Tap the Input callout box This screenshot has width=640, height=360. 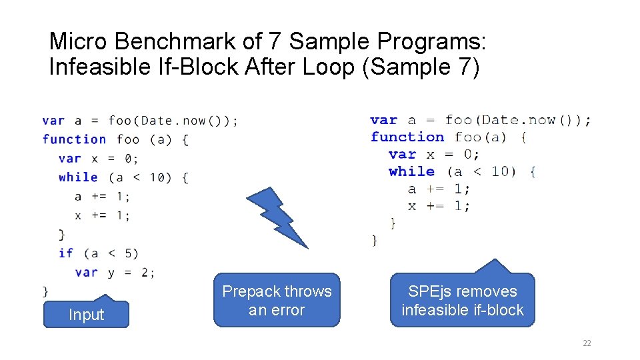point(86,315)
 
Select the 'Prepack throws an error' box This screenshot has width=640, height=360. point(277,301)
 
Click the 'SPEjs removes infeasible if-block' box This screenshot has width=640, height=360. point(462,301)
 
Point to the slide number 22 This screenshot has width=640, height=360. point(587,343)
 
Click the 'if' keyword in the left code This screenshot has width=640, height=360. point(66,253)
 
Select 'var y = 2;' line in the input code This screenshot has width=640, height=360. point(115,272)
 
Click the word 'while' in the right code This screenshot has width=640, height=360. point(411,171)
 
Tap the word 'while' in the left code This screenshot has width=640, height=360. point(78,177)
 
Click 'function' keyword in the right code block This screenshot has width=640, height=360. point(407,137)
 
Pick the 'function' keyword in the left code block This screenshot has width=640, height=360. point(74,139)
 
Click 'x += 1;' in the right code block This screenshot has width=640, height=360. point(439,206)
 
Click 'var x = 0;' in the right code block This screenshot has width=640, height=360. point(433,154)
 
